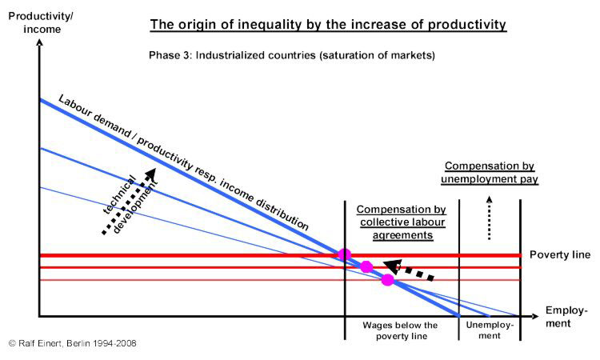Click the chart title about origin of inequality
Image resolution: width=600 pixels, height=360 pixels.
coord(328,25)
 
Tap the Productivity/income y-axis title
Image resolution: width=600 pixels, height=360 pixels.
coord(35,22)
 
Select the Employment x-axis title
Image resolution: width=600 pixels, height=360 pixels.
coord(566,317)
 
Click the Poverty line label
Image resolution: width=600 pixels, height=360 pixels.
coord(559,255)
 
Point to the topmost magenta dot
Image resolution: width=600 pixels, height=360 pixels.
coord(345,254)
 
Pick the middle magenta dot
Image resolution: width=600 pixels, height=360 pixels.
coord(366,266)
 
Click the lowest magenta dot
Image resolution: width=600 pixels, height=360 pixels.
coord(388,279)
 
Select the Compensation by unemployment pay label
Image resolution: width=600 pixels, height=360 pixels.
coord(489,173)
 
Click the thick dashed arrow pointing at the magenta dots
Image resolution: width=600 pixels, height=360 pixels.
coord(408,270)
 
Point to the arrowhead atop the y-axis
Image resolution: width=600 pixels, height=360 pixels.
coord(37,42)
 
